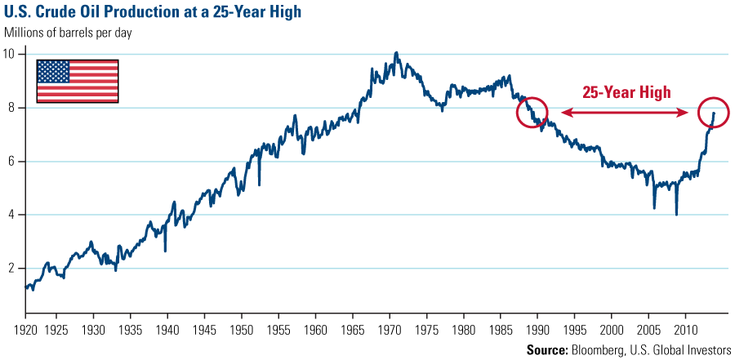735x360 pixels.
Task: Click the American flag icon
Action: (x=78, y=81)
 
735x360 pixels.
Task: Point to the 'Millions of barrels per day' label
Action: (x=69, y=33)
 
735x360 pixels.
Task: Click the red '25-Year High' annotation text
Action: (x=626, y=92)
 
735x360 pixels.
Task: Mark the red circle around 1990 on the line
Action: (x=532, y=113)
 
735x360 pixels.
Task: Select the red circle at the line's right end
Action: (x=713, y=113)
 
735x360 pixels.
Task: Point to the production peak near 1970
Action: (x=396, y=53)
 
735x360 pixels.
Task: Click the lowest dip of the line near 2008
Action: (x=676, y=214)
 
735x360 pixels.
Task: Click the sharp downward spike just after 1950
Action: (x=259, y=184)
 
